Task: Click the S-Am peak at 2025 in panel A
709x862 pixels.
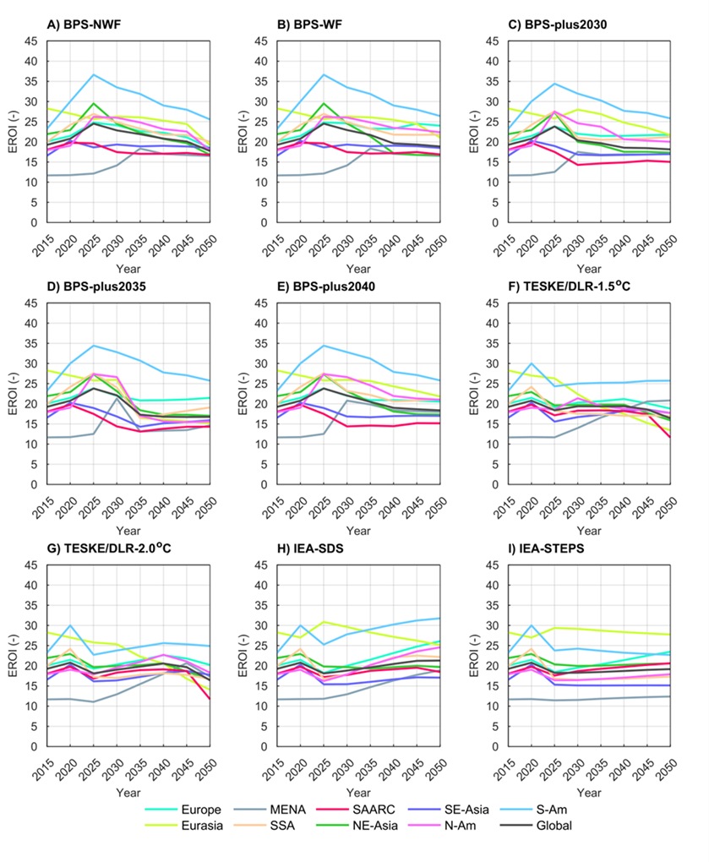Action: tap(94, 74)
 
